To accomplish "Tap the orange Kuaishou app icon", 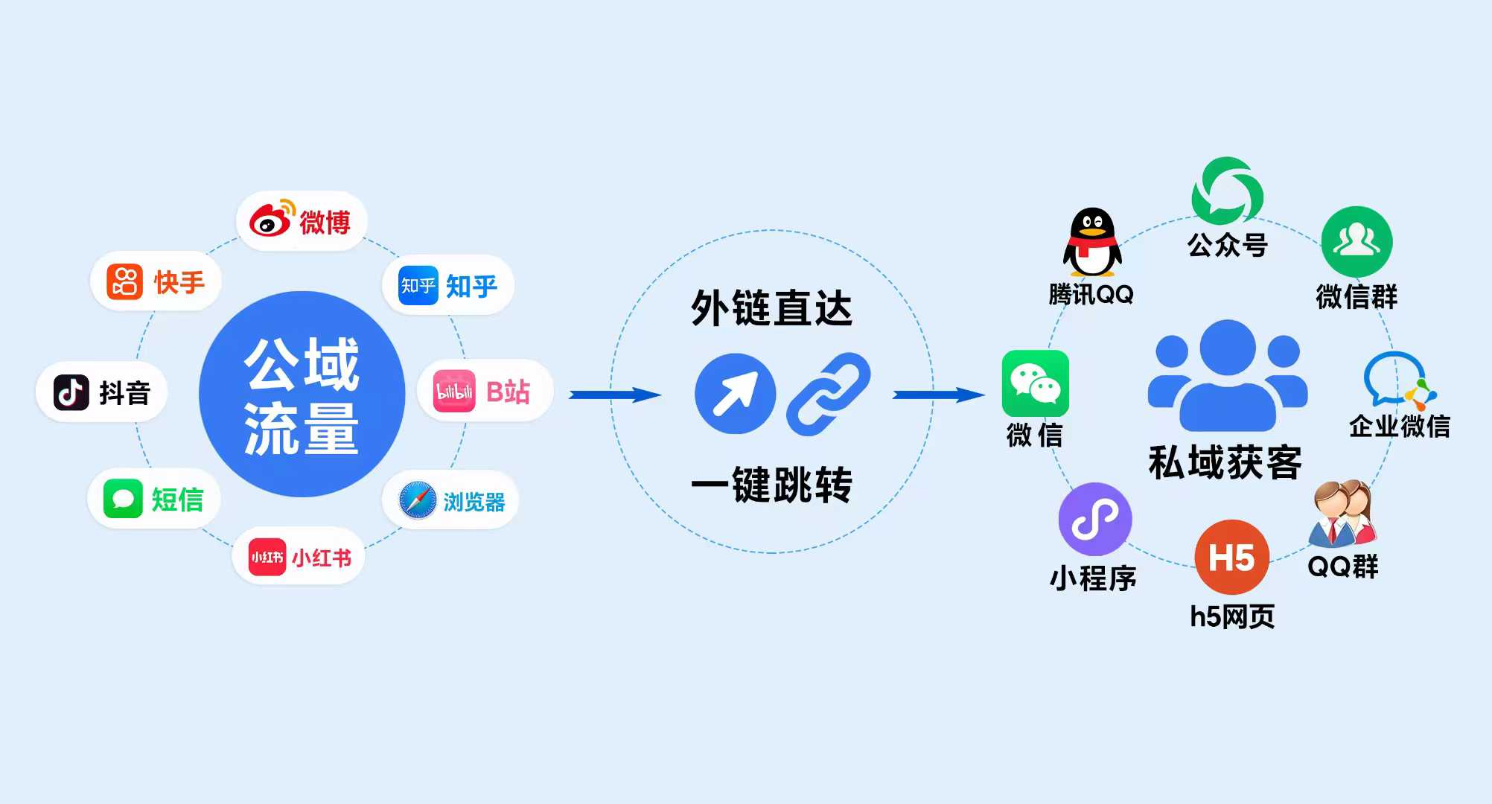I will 124,281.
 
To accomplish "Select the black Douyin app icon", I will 71,392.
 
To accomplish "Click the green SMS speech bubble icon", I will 123,499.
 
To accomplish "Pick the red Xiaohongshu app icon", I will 267,557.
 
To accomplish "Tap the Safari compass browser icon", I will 418,500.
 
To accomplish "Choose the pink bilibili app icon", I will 454,391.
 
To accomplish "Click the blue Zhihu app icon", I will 418,285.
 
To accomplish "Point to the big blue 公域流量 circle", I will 302,394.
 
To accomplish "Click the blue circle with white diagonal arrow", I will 735,394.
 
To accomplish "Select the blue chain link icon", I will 828,394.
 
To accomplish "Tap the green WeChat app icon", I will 1035,383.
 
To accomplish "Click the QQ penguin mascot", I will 1091,242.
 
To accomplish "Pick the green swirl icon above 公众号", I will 1227,191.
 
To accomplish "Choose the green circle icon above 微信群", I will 1356,242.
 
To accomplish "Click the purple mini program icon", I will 1094,519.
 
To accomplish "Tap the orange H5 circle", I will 1231,557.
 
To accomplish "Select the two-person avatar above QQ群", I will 1342,514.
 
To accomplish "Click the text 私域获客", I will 1225,462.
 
